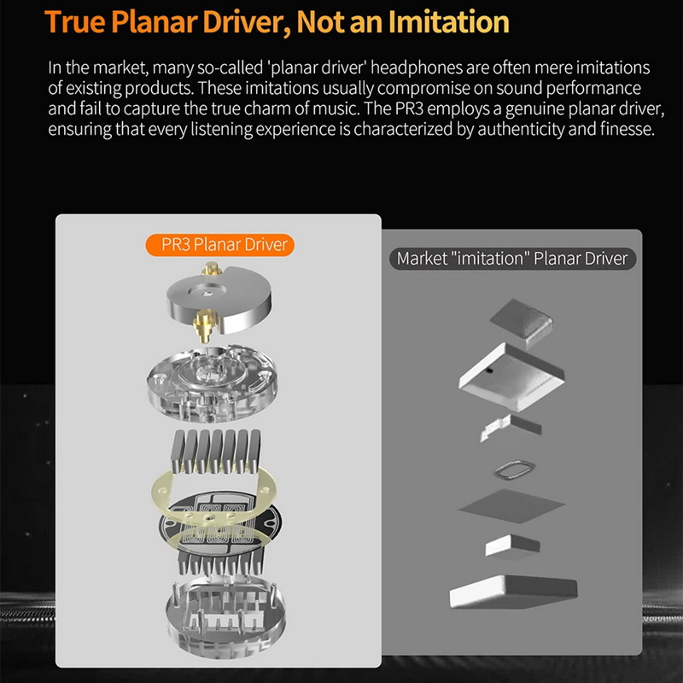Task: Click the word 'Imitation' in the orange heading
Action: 449,22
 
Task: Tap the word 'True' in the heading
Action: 74,22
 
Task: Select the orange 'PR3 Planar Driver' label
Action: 220,244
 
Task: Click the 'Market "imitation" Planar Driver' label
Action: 512,259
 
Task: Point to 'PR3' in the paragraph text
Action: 409,108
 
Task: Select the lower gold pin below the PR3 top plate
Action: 204,325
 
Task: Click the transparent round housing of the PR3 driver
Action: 212,382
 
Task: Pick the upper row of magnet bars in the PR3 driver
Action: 217,452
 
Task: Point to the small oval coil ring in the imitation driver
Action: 514,470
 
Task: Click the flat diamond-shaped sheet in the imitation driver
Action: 511,505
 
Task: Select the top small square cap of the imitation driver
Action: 522,323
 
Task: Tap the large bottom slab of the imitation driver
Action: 513,592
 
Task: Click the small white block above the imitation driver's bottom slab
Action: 512,546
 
